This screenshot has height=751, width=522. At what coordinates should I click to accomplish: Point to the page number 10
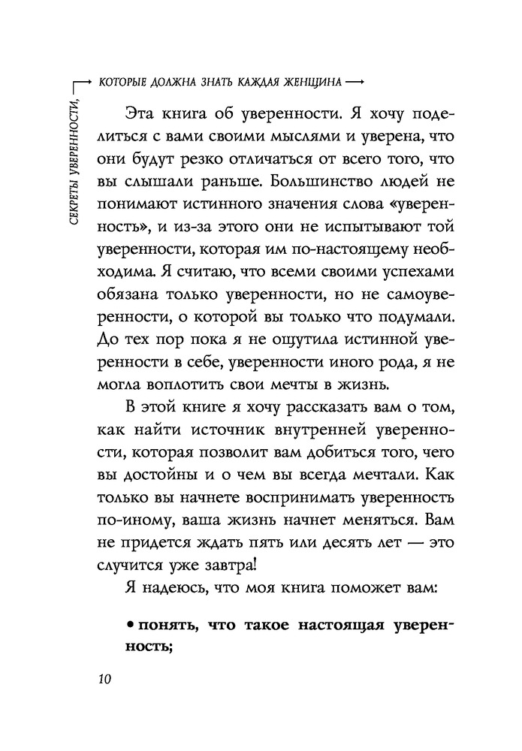[104, 679]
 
